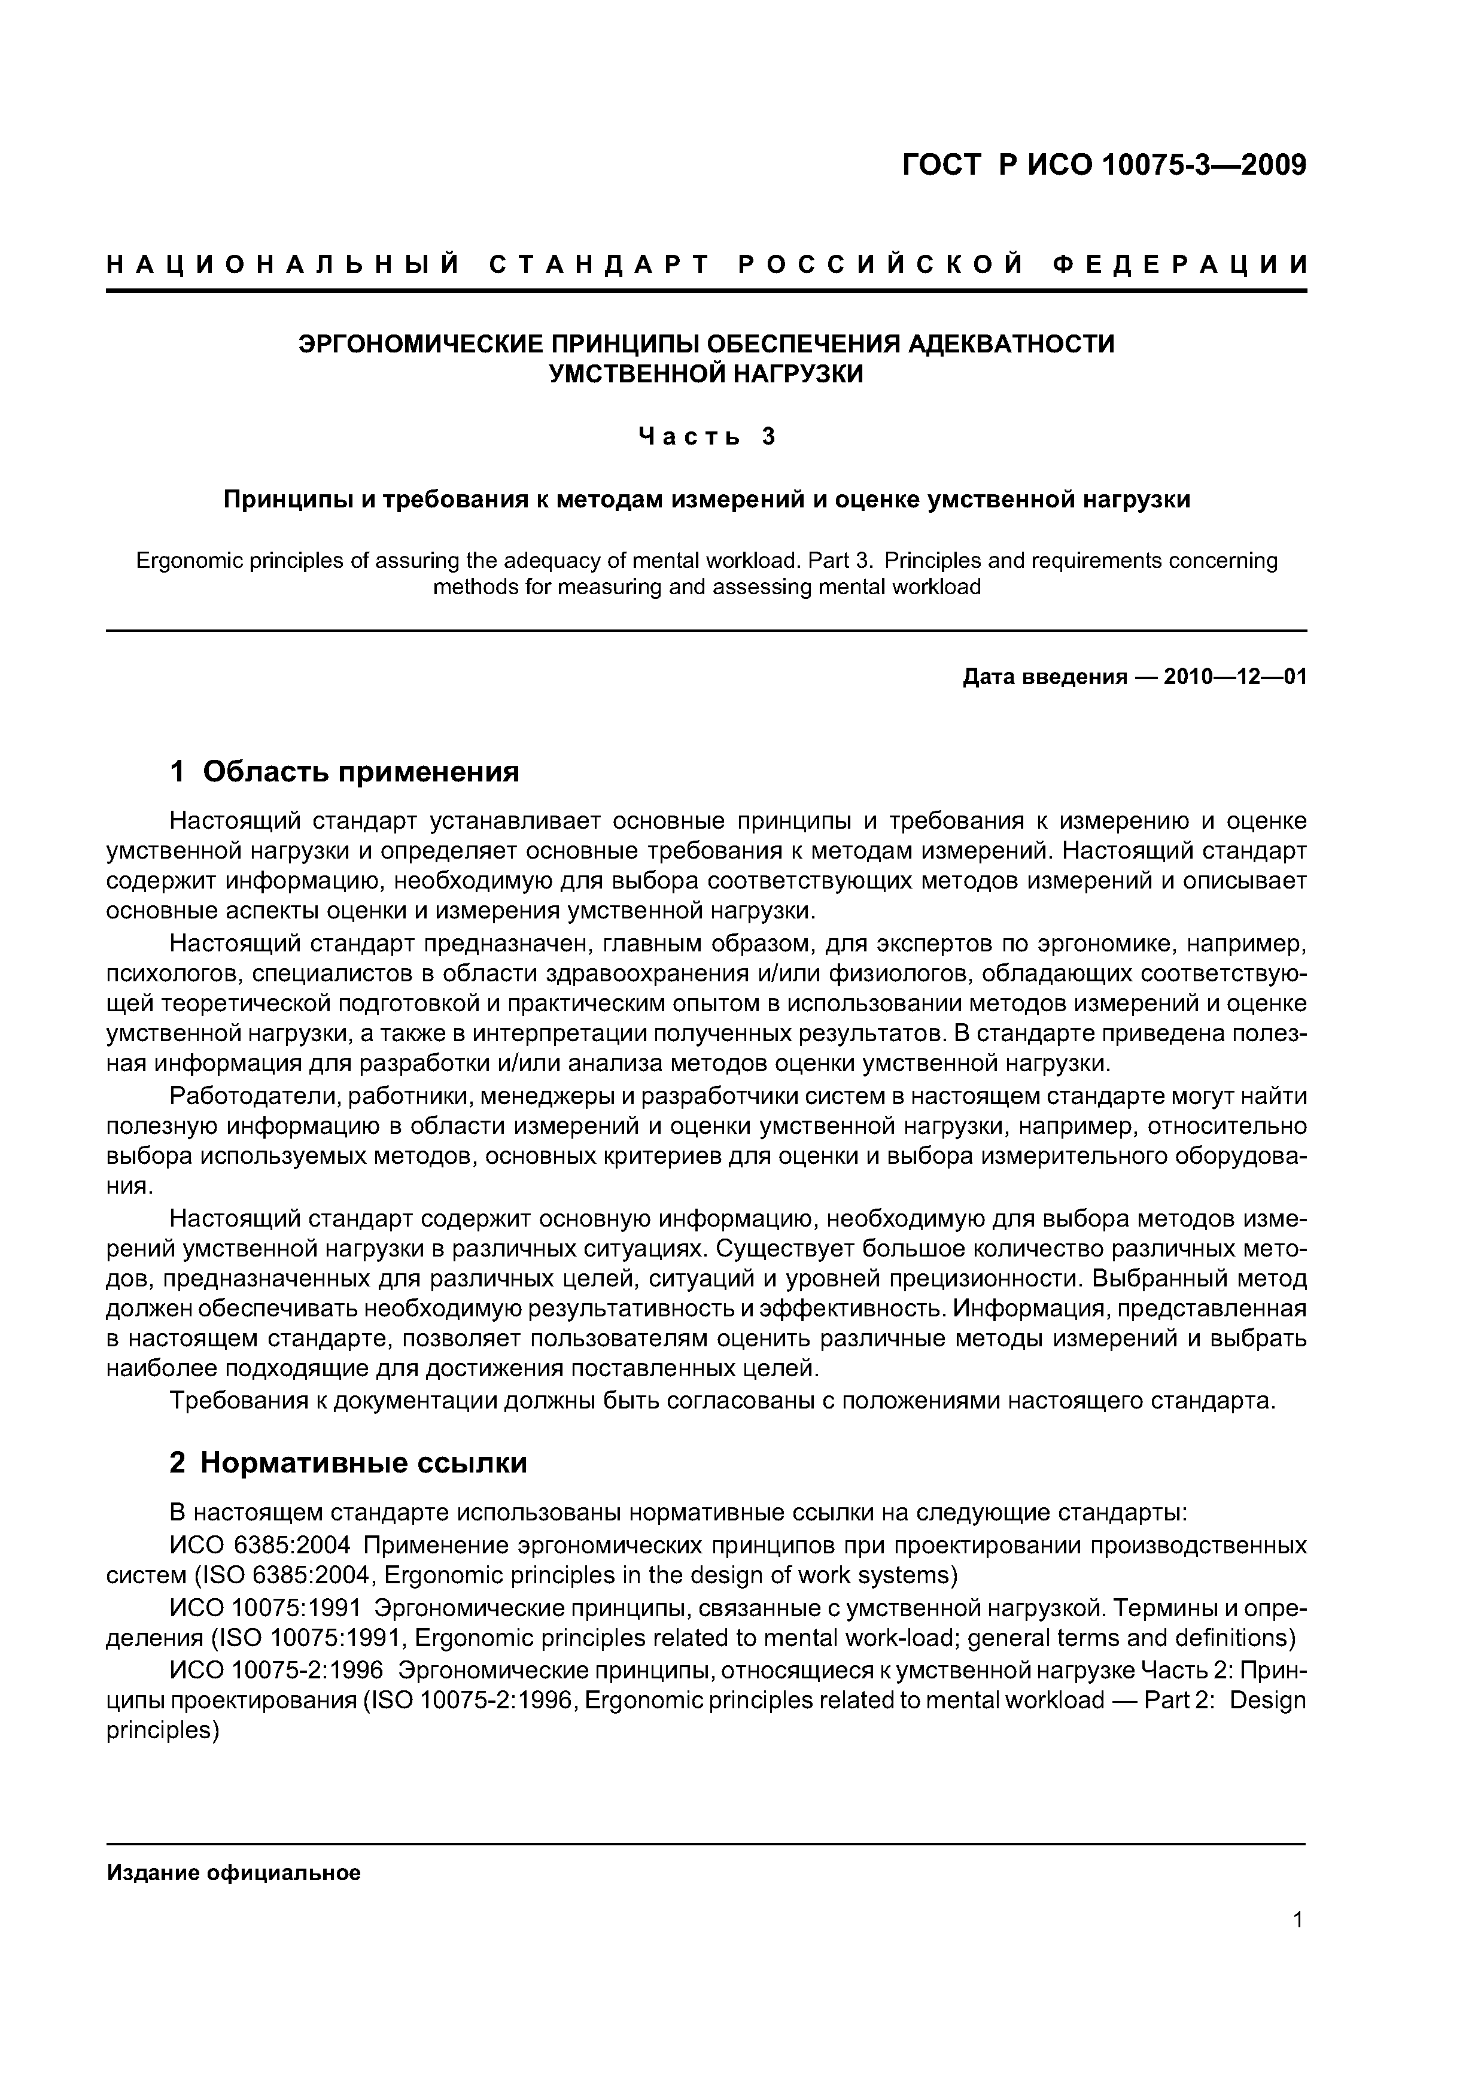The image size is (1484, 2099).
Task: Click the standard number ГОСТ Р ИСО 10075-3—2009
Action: [x=1105, y=166]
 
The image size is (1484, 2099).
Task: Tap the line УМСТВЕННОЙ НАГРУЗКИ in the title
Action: [x=705, y=374]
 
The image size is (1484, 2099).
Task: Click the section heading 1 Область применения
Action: [x=345, y=772]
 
